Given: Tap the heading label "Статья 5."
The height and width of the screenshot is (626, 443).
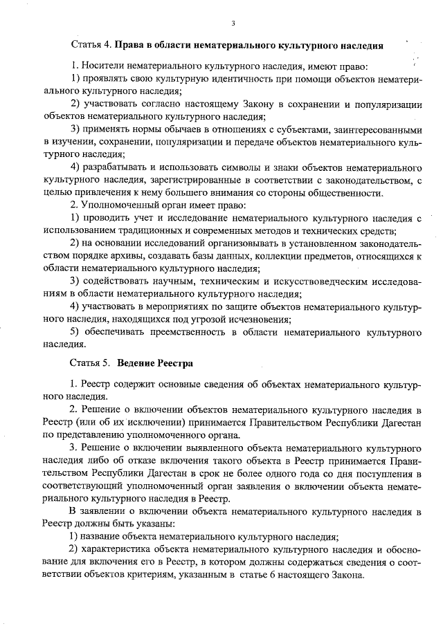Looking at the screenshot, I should [x=90, y=362].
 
